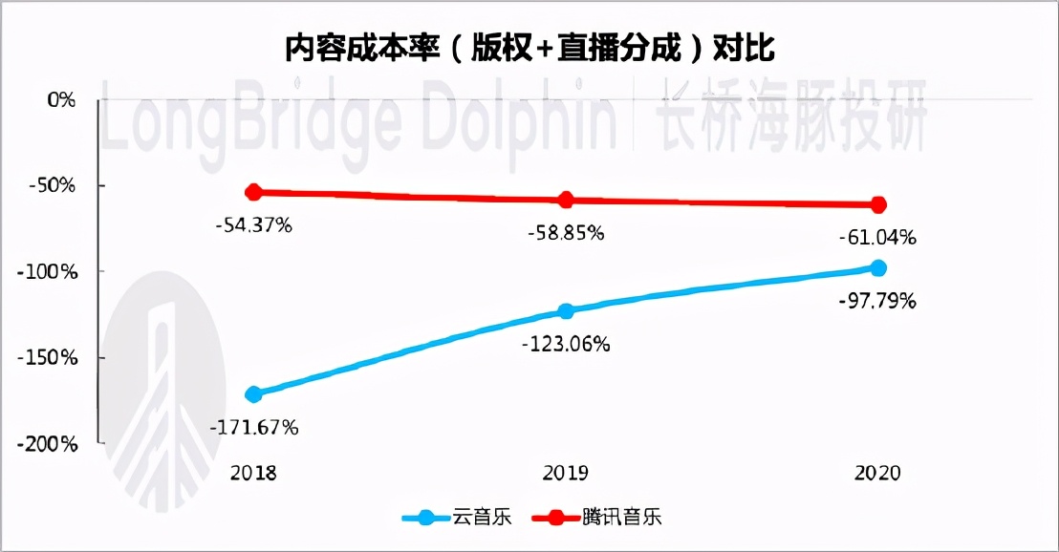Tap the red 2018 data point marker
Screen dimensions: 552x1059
point(254,193)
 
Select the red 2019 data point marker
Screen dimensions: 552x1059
point(566,201)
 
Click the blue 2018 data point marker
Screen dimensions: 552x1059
point(254,393)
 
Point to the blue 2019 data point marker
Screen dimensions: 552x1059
point(566,310)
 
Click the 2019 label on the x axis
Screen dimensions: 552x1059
point(566,473)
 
